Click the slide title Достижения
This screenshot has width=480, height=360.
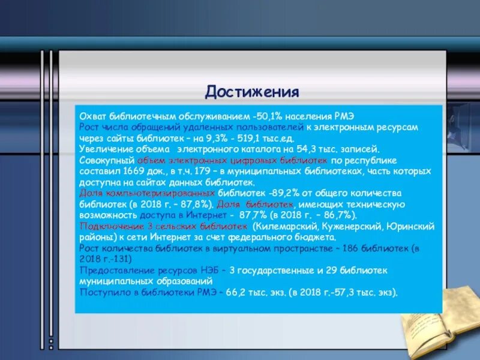(x=252, y=92)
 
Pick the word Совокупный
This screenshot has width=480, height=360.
(x=107, y=161)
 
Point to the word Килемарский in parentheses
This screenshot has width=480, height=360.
(x=279, y=226)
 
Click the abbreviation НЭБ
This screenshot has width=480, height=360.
(x=208, y=270)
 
